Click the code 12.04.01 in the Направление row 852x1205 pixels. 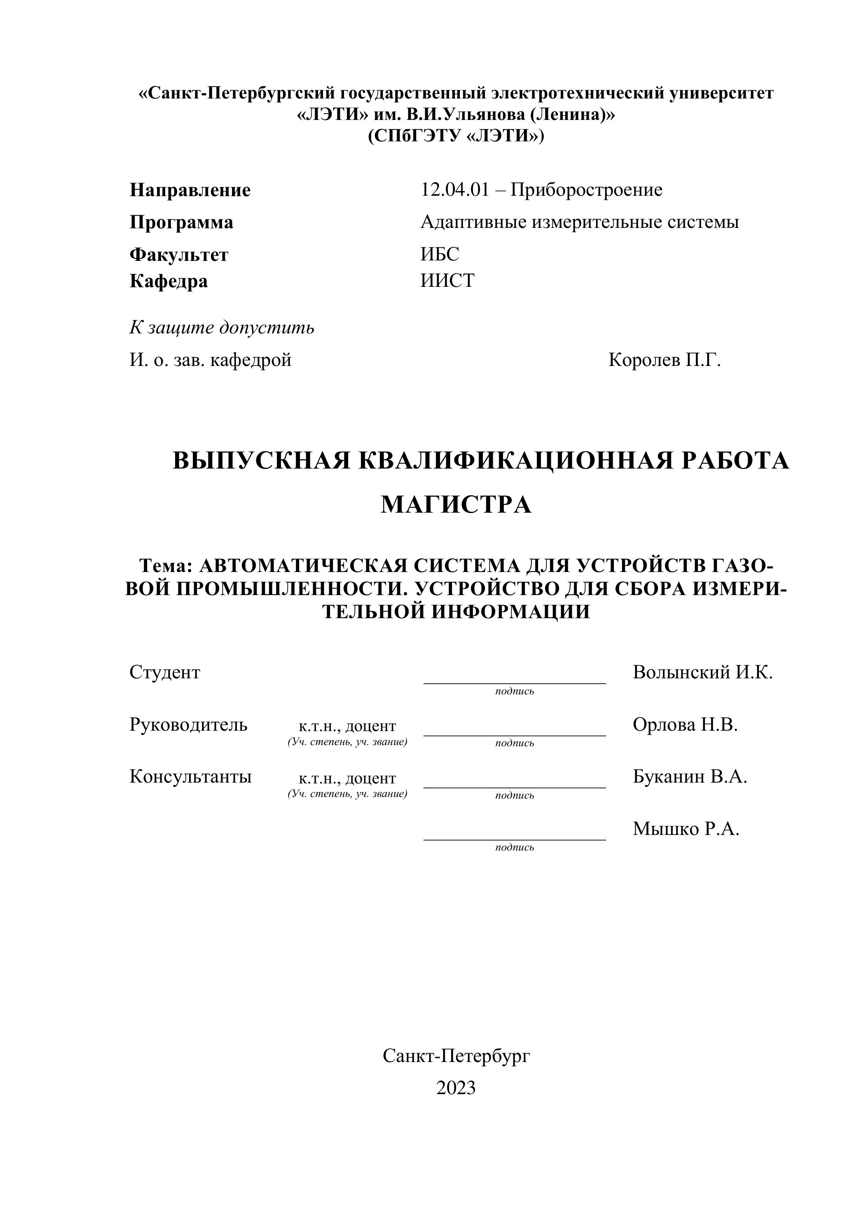click(x=454, y=190)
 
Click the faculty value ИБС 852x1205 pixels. click(x=440, y=255)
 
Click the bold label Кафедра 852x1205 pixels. click(x=169, y=281)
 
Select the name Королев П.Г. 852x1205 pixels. click(x=664, y=361)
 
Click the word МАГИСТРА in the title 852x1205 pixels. click(x=456, y=505)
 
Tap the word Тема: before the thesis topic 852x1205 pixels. click(x=166, y=566)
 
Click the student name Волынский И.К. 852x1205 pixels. click(x=702, y=672)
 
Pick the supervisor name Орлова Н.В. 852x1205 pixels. click(x=685, y=725)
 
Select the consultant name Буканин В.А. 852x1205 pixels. click(x=689, y=777)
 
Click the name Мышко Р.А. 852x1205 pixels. click(x=686, y=829)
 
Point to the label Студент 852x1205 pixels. click(x=165, y=672)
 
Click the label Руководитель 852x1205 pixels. click(x=188, y=725)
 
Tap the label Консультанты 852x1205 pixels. click(x=190, y=777)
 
